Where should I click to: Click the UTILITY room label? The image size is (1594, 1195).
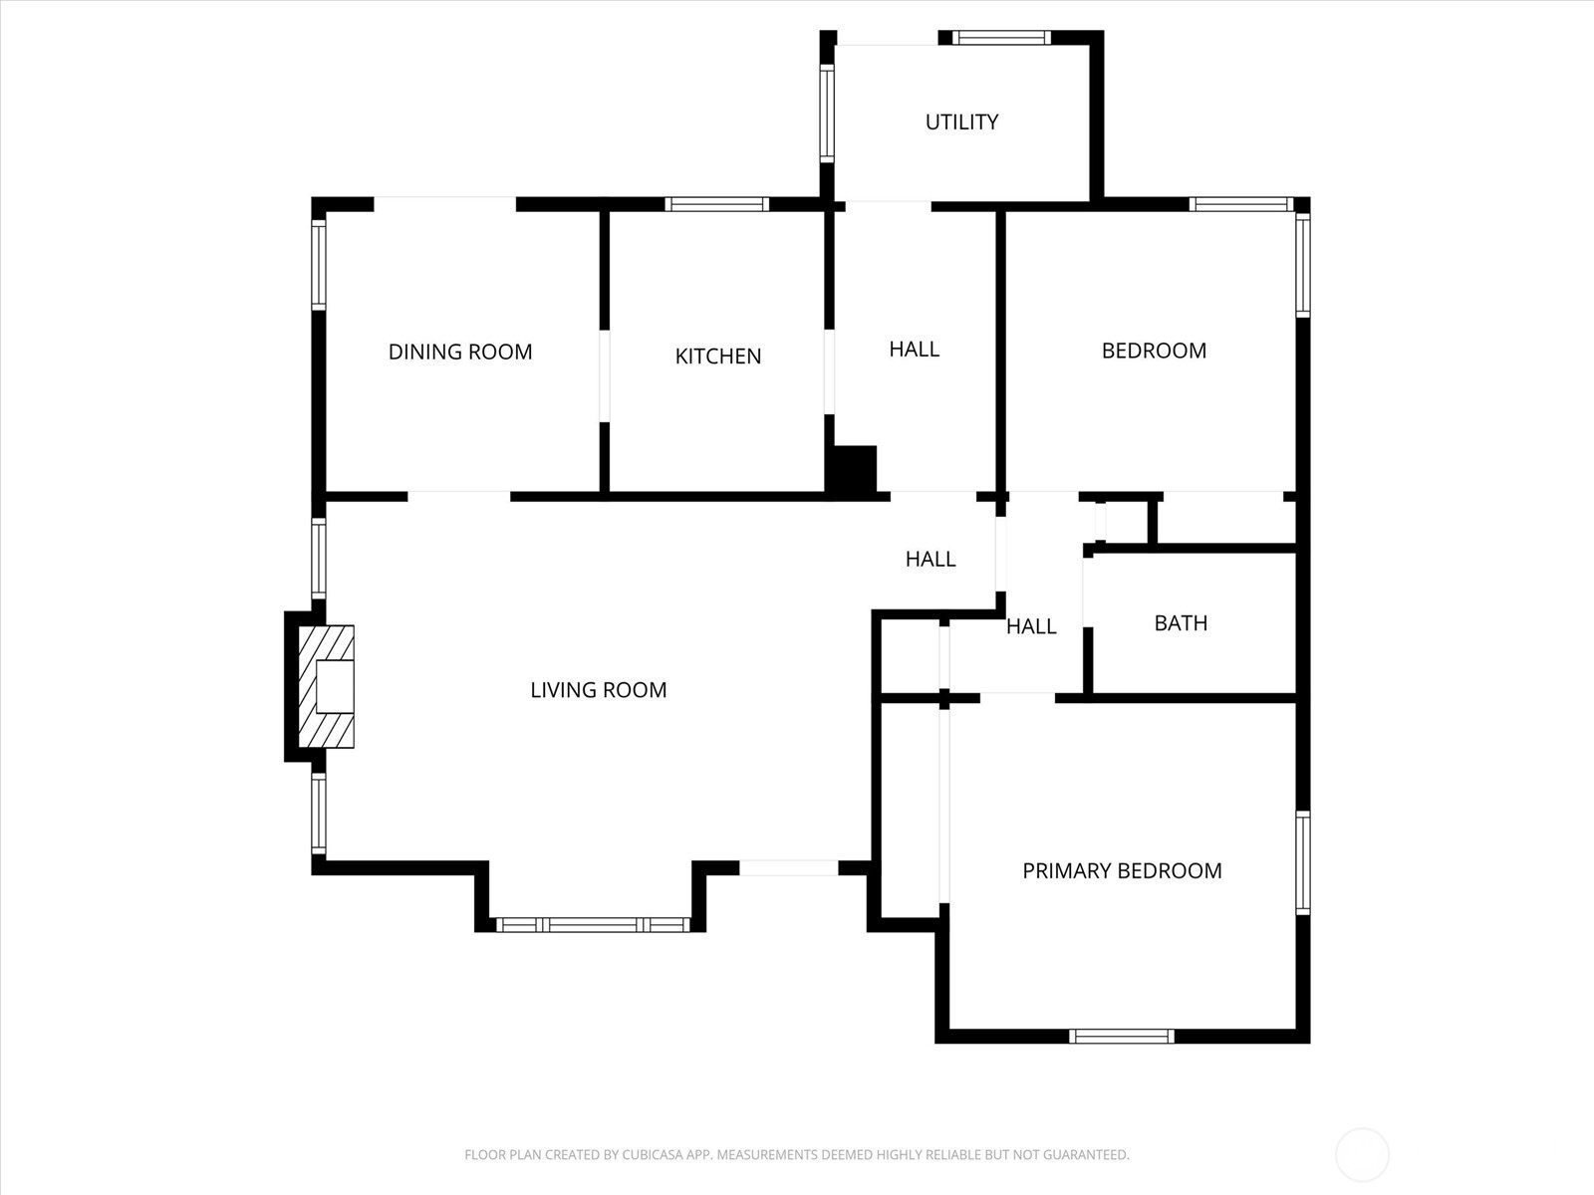tap(961, 121)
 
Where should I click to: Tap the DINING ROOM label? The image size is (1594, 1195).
tap(460, 352)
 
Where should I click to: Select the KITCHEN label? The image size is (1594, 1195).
tap(718, 357)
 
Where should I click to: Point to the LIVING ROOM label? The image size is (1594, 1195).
tap(599, 690)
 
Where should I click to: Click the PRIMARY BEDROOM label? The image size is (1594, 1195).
tap(1122, 870)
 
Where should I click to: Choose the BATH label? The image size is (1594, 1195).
tap(1181, 623)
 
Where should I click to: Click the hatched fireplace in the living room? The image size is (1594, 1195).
tap(327, 686)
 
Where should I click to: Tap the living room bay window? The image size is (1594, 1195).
tap(593, 925)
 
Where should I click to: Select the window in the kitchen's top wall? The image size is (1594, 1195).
tap(716, 204)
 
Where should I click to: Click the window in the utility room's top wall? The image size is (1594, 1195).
tap(1001, 38)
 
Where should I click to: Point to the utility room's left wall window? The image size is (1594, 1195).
tap(827, 114)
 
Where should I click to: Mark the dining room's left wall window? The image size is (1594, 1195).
tap(319, 265)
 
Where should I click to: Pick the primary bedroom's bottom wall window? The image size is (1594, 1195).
tap(1121, 1036)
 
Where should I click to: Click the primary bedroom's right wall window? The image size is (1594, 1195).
tap(1303, 862)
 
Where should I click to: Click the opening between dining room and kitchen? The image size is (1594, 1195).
tap(604, 375)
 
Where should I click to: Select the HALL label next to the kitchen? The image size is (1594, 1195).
tap(915, 350)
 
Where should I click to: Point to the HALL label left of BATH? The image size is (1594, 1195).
tap(1031, 627)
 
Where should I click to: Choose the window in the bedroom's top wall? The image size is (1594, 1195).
tap(1241, 204)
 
